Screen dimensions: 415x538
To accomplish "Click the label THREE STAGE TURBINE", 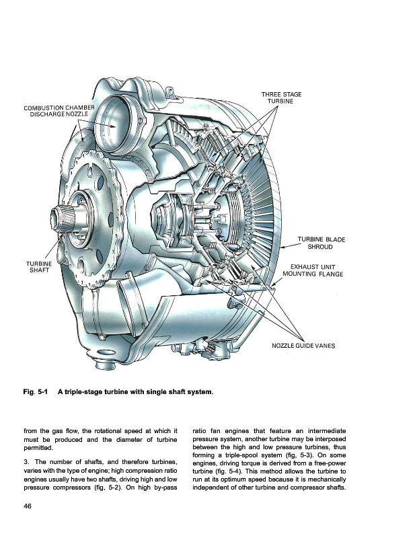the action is point(281,98).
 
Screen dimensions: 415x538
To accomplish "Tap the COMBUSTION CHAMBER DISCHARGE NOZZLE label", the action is point(59,111).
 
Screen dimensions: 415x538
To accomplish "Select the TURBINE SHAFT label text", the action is point(39,266).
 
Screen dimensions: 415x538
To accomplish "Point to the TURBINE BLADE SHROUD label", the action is point(322,243).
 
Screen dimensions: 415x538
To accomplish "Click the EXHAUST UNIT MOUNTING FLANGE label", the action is point(313,270).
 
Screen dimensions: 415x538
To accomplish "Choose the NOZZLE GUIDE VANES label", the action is point(303,346).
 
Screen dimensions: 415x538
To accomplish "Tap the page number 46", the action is point(28,506).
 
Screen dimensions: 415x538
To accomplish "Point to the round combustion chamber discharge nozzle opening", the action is point(113,124).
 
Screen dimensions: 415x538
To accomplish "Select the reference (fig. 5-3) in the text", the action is point(300,455).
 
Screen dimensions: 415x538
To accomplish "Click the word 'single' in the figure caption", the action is point(157,392).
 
